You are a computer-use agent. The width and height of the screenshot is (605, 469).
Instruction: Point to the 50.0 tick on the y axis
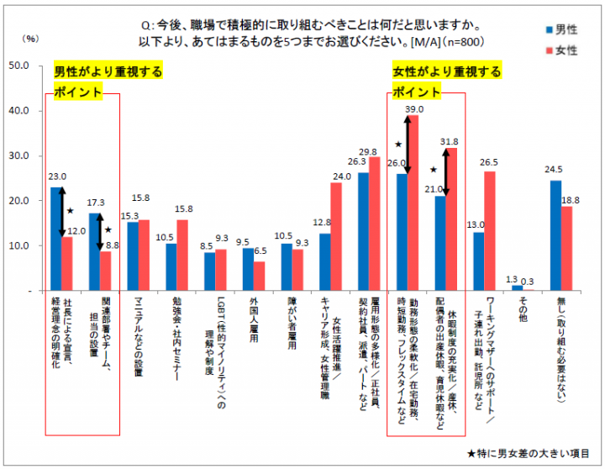coord(19,66)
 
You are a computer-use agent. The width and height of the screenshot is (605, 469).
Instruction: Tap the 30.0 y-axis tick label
coord(19,156)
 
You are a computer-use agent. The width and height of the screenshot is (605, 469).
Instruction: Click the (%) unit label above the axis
coord(31,38)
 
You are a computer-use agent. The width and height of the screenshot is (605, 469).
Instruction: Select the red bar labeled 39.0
coord(413,202)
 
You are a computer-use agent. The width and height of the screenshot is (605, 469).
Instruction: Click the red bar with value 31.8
coord(451,219)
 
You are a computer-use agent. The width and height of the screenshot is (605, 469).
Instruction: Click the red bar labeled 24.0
coord(335,236)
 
